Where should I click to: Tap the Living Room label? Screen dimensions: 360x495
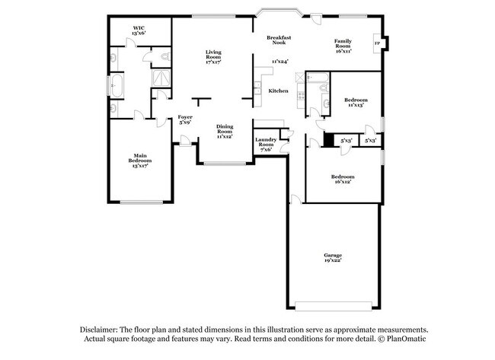[213, 56]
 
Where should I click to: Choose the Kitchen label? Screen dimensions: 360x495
[278, 91]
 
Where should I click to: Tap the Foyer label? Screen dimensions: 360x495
[185, 119]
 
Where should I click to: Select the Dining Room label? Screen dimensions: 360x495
[225, 132]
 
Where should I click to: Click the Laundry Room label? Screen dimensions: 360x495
[266, 142]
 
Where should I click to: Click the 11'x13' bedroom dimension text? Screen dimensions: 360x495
[356, 105]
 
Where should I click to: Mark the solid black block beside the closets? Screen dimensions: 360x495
[329, 140]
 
